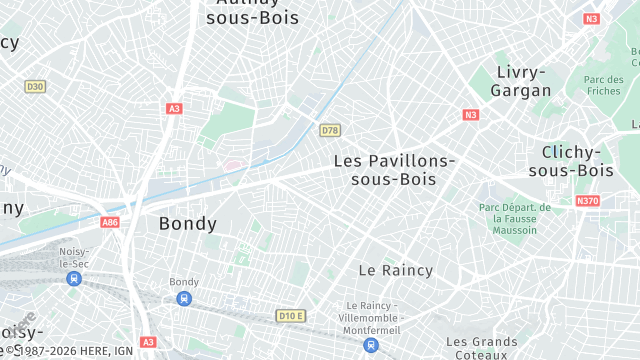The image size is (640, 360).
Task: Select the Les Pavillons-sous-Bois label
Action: tap(394, 169)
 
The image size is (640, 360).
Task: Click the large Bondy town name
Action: tap(188, 224)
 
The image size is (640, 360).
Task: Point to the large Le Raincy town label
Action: tap(396, 270)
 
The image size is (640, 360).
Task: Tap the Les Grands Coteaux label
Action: tap(481, 347)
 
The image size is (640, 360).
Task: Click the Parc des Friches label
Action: tap(603, 85)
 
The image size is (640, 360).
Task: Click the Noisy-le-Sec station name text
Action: tap(74, 256)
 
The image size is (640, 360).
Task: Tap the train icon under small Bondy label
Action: tap(184, 299)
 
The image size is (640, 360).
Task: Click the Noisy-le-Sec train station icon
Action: tap(74, 278)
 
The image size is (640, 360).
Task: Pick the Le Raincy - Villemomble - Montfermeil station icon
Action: tap(372, 344)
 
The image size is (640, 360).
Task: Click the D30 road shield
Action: tap(35, 87)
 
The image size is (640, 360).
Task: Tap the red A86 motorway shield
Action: tap(110, 223)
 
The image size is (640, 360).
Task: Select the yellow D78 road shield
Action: tap(330, 130)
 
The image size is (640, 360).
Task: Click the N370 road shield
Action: tap(588, 201)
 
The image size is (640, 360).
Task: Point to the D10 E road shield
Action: tap(291, 316)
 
